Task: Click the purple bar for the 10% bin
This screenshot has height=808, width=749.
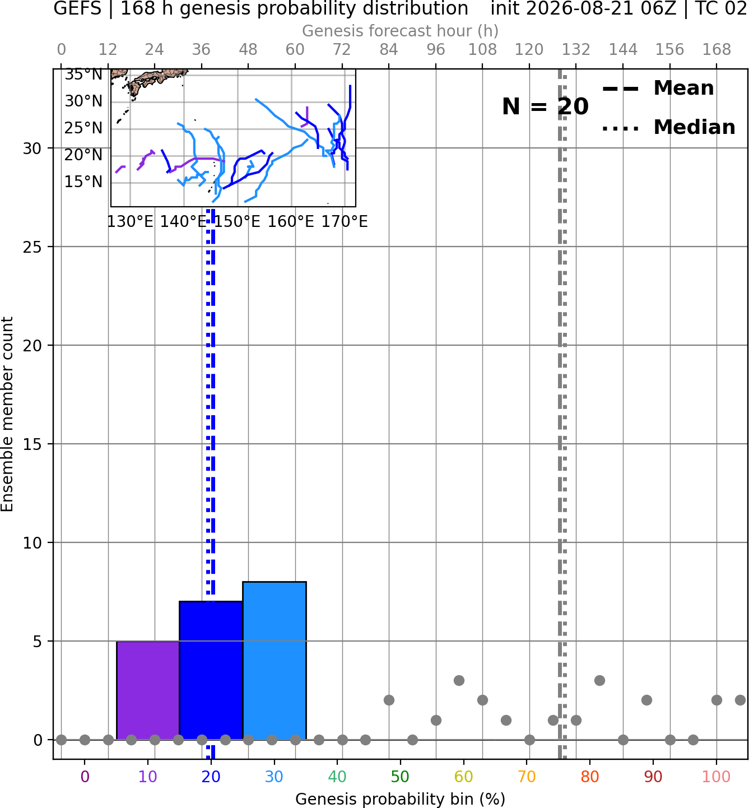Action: point(148,690)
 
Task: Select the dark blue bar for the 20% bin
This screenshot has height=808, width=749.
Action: point(211,671)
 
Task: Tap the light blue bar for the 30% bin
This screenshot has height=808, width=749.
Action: point(275,661)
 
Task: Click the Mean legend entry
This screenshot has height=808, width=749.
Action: point(658,89)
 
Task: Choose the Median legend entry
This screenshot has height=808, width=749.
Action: point(669,127)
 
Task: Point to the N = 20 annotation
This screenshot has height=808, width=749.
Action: point(545,106)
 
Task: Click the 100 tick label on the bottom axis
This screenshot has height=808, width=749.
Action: point(717,777)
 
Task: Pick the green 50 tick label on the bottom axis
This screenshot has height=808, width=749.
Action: point(400,777)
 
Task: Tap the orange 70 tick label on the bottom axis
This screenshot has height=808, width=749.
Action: point(527,777)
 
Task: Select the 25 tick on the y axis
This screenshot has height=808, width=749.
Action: point(32,247)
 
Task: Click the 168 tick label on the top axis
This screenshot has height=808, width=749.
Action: point(717,50)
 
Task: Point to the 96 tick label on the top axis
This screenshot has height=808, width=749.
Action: point(436,50)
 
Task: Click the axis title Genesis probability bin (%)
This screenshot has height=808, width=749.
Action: point(400,799)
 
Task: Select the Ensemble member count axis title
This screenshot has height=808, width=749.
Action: point(7,414)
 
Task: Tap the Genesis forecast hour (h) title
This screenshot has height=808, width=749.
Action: point(400,31)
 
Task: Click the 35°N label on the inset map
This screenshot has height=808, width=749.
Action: point(83,75)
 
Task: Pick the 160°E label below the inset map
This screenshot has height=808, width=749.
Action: point(291,222)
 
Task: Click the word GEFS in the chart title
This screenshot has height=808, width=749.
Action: point(77,8)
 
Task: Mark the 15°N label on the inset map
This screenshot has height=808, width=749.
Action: point(83,182)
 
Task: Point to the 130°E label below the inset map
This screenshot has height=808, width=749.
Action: point(130,222)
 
